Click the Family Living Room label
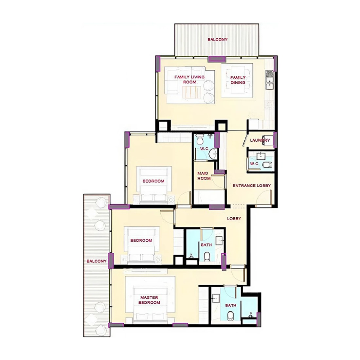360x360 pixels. point(189,80)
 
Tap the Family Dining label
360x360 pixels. point(238,80)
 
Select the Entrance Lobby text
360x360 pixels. point(252,186)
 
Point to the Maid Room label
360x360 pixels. point(204,176)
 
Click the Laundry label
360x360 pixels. point(260,140)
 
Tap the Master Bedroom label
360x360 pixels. point(149,300)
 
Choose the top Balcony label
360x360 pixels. point(217,40)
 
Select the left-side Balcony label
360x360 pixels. point(97,261)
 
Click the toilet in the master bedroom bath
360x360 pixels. point(230,316)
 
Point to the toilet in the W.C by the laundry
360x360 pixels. point(267,165)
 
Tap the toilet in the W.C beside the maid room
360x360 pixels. point(200,140)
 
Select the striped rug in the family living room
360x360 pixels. point(192,92)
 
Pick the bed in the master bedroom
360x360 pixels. point(150,303)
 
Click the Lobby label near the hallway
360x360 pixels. point(234,219)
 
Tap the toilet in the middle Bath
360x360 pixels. point(207,257)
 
